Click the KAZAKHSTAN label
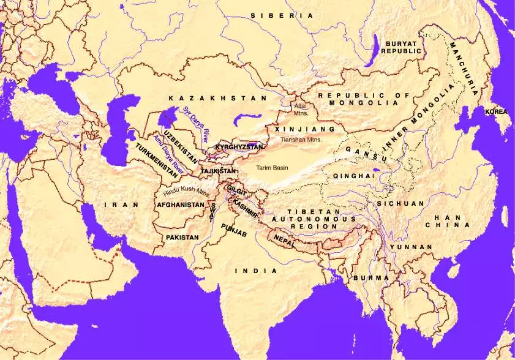pos(218,98)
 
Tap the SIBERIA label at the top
pos(282,15)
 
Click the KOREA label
pos(496,112)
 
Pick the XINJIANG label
pos(306,130)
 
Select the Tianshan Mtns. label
pos(301,140)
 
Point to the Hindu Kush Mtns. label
pos(187,191)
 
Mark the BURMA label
pos(366,278)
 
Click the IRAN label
pos(121,204)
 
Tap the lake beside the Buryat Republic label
pos(371,50)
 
